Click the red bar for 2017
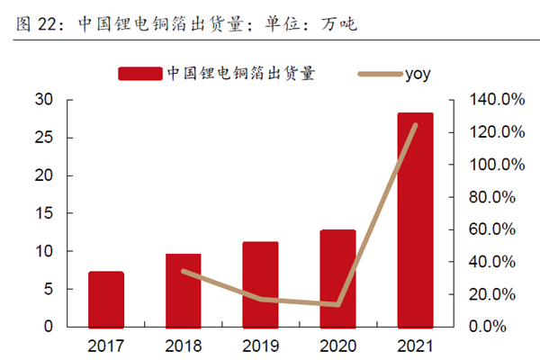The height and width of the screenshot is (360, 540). coord(105,298)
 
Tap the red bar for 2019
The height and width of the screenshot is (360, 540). coord(260,283)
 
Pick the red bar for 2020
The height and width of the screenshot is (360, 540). coord(337,277)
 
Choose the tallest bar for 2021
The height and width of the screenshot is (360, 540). coord(415,219)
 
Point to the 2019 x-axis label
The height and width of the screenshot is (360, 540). coord(260,346)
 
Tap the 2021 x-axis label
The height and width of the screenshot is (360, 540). coord(415,346)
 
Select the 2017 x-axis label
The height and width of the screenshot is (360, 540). coord(105,346)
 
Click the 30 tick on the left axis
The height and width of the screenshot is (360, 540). coord(43,100)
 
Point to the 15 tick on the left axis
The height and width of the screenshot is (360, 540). coord(43,213)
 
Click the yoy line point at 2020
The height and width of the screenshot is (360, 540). coord(337,304)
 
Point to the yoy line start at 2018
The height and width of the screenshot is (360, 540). coord(183,271)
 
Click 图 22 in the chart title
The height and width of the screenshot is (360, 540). coord(37,23)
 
